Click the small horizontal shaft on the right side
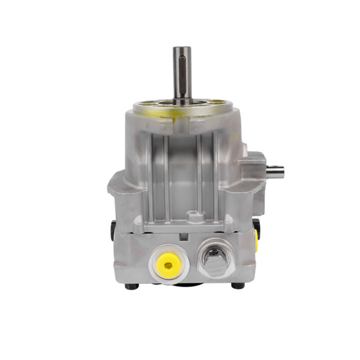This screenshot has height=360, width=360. click(x=275, y=171)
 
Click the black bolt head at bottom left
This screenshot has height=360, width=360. click(x=132, y=286)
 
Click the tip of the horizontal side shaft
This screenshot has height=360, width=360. click(x=283, y=171)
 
